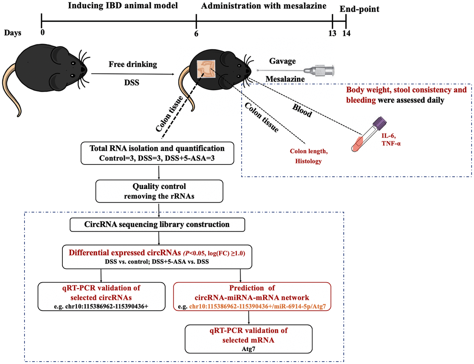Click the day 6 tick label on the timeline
pos(196,34)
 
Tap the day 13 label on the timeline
pos(332,33)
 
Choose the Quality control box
pos(158,192)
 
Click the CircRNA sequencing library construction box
pos(158,224)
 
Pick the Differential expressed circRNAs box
pos(158,256)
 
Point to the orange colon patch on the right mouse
pos(206,68)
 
